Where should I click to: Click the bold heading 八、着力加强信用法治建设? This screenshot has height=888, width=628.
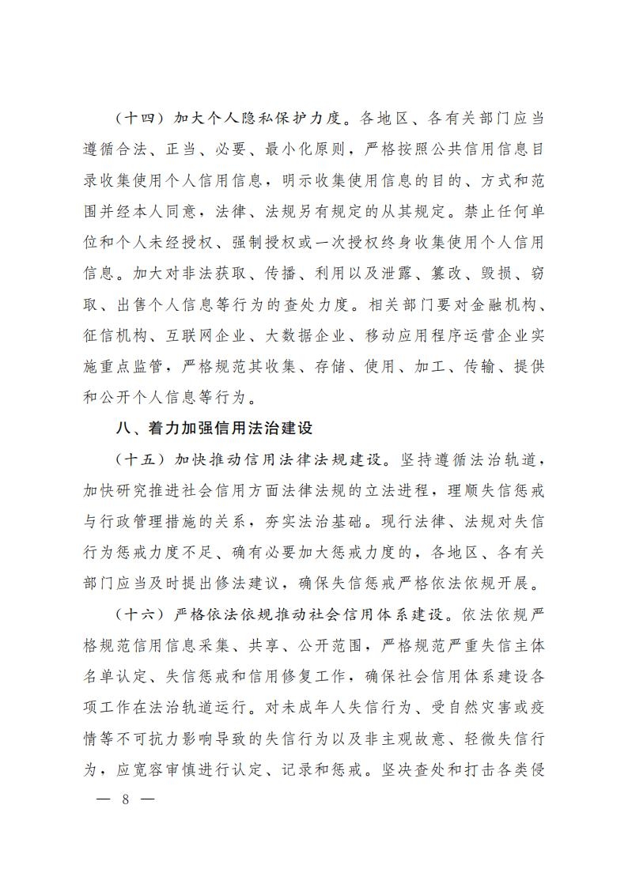pos(214,429)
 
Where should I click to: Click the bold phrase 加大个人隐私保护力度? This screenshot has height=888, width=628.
pos(262,119)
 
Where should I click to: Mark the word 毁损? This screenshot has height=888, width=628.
pos(491,274)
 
